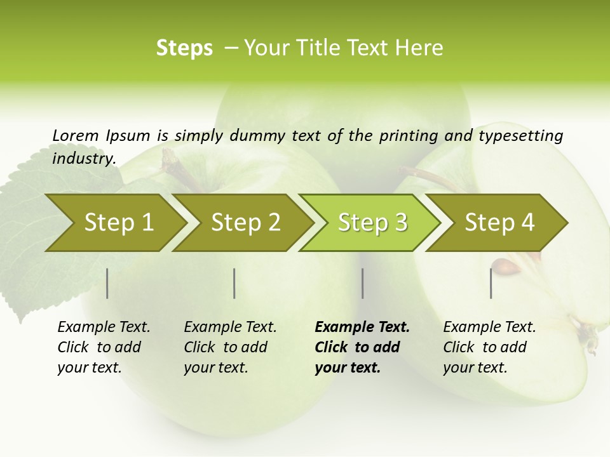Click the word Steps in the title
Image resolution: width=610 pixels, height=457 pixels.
point(184,48)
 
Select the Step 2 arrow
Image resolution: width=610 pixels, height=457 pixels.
point(245,223)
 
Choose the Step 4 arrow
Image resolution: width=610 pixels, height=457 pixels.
point(499,223)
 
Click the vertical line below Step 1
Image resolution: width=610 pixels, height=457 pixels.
point(107,283)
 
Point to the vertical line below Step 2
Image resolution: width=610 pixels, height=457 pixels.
point(234,283)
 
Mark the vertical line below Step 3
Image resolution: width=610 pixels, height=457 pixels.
point(362,283)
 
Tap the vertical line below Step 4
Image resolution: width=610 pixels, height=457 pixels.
point(491,283)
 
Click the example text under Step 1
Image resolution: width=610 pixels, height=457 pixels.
point(103,347)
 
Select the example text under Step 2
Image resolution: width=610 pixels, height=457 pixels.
point(229,347)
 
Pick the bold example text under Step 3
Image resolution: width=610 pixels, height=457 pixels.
point(362,347)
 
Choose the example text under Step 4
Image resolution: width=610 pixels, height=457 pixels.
point(489,347)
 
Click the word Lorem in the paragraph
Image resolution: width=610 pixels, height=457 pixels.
point(76,135)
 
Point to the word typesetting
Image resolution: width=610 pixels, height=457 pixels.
point(520,136)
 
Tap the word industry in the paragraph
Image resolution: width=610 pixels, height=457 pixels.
point(84,158)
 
